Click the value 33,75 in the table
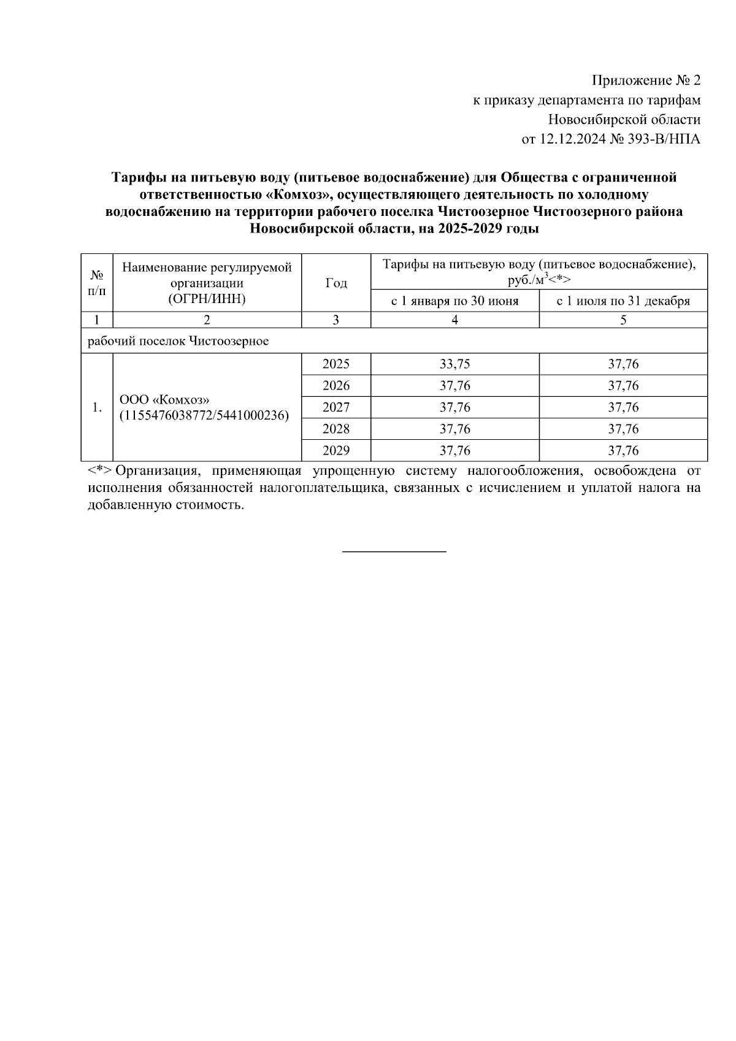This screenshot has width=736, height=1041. point(454,364)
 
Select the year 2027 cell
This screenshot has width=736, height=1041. point(335,407)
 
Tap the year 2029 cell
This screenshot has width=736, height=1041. point(335,450)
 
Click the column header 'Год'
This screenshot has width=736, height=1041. point(335,283)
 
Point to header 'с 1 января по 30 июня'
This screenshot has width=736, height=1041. point(454,301)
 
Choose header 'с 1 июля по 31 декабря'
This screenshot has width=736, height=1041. point(623,301)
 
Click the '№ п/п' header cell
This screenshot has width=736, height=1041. point(97,283)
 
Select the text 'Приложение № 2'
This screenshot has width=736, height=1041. point(645,80)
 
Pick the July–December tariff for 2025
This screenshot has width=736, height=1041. point(623,364)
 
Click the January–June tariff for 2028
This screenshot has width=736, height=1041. point(454,429)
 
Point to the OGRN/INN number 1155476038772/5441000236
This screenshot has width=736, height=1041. point(204,415)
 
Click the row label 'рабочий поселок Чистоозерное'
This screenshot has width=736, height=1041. point(178,341)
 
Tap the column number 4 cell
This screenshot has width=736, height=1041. point(454,320)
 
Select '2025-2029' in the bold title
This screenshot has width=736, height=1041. point(473,229)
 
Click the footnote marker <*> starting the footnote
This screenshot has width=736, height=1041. point(99,471)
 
